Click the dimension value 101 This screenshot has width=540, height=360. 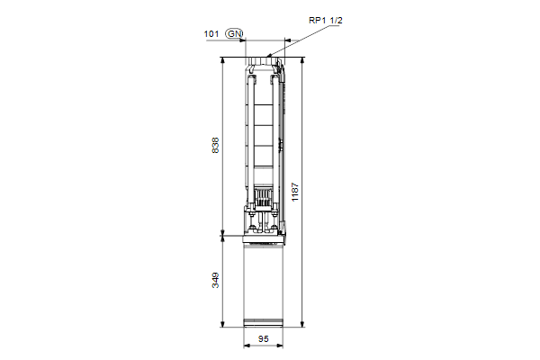coord(211,34)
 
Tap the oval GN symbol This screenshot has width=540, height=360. coord(234,34)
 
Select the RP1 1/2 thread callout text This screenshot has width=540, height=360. coord(326,21)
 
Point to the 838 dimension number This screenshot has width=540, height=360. coord(215,146)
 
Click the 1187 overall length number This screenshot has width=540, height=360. coord(295,192)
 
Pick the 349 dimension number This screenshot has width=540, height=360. coord(215,281)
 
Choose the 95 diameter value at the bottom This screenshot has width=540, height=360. coord(264,339)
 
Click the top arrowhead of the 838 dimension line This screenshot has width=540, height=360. coord(223,60)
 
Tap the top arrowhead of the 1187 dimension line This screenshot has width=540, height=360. coord(302,60)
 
